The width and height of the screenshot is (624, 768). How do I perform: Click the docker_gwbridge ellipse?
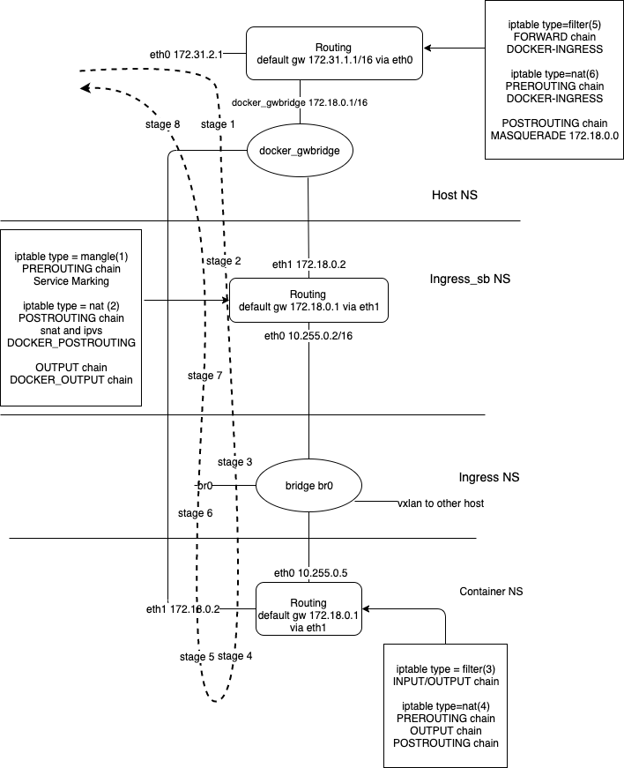[300, 151]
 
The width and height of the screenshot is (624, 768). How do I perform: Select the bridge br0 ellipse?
[308, 486]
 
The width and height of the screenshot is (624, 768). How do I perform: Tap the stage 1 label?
[218, 124]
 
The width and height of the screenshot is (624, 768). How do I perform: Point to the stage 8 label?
[162, 124]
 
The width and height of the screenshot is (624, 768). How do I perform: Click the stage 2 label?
[223, 261]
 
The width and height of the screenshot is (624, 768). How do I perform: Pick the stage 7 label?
[205, 376]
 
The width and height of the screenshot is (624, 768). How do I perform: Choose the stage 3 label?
[235, 462]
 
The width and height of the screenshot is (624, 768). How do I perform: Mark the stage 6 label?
[195, 513]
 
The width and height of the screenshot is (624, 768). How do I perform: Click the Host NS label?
[455, 194]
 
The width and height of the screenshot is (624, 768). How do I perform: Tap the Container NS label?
[491, 591]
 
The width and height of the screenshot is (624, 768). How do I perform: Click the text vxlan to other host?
[439, 503]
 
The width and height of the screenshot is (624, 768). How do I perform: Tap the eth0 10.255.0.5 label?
[310, 572]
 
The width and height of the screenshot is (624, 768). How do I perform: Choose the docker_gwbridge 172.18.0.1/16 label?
[300, 103]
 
